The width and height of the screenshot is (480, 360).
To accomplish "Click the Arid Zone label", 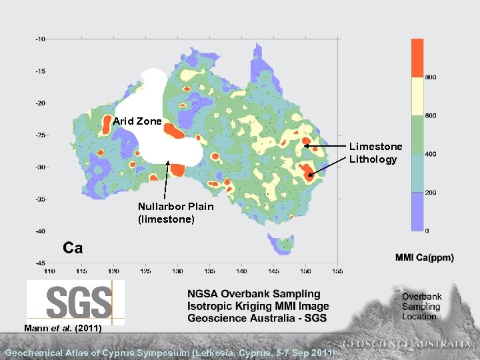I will coord(137,121).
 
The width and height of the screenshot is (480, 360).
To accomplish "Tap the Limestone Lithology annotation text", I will coord(375,153).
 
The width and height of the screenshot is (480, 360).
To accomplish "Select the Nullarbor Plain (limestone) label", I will coord(175,212).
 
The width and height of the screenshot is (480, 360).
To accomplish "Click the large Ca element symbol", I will coord(73,249).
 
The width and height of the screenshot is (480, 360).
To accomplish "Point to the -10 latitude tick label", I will coord(40,39).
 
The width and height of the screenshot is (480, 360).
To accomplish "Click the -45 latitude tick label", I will coord(40,263).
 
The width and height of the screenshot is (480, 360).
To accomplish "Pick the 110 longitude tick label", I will coord(49,271).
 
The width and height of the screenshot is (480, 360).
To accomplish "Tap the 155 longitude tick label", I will coord(337,271).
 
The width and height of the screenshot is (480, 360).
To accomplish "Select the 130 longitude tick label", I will coord(177,271).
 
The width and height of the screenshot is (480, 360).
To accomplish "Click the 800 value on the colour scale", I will coord(431,77).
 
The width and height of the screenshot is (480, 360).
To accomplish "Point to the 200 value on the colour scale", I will coord(431,193).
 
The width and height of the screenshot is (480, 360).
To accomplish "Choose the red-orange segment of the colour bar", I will coord(417,57).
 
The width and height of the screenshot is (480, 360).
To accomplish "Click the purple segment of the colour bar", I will coord(417,211).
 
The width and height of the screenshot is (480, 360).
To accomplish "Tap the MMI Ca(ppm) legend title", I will coord(424,257).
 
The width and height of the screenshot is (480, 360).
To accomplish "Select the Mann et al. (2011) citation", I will coord(63,328).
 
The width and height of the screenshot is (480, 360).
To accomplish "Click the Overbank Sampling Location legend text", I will coord(421,307).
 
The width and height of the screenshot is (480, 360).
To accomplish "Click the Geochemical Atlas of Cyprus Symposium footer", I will coord(170,352).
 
